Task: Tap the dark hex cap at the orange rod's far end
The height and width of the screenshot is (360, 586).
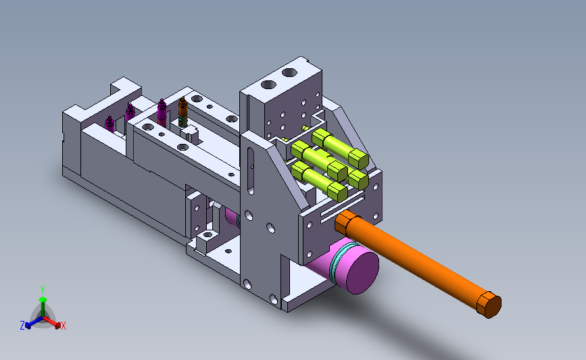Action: pyautogui.click(x=490, y=305)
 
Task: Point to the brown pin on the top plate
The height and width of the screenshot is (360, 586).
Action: pyautogui.click(x=182, y=112)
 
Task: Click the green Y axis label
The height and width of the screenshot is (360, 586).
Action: pyautogui.click(x=43, y=290)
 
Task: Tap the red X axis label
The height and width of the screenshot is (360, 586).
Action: pyautogui.click(x=63, y=326)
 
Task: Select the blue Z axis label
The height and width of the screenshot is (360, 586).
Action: pyautogui.click(x=22, y=326)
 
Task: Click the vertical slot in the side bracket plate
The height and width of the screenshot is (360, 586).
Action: pyautogui.click(x=250, y=171)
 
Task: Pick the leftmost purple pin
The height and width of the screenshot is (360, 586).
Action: pyautogui.click(x=109, y=124)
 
